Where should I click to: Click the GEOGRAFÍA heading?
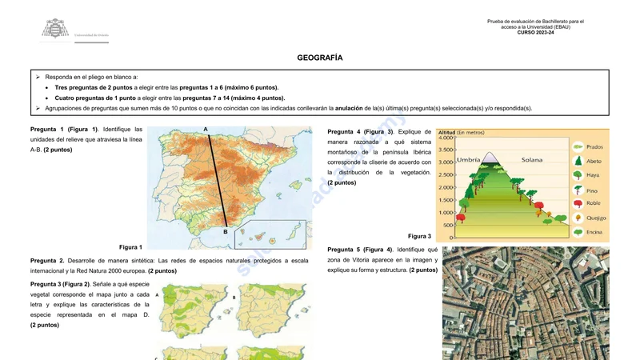320,58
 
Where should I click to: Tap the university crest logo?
55,30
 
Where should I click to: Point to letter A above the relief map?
206,129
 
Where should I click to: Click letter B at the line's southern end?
226,231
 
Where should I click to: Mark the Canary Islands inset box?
270,234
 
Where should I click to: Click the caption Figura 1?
130,247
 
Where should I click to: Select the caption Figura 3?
419,236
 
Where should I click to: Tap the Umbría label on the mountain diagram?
468,160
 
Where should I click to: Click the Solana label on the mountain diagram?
532,160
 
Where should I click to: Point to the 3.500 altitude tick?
446,150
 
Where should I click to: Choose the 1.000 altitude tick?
446,213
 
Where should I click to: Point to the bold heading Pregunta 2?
47,260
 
